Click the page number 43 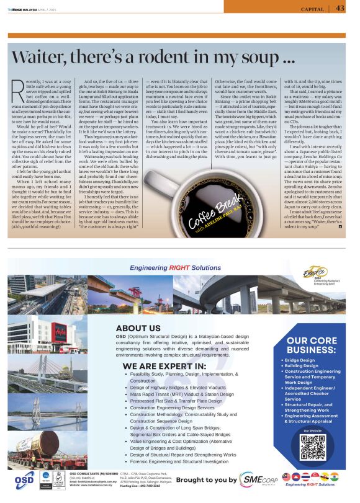[x=340, y=8]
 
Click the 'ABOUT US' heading [x=138, y=328]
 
